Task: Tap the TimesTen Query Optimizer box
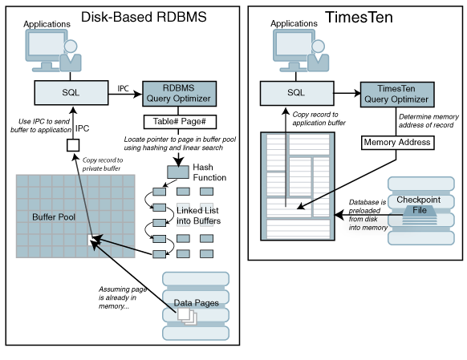tap(397, 94)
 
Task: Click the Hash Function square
tap(177, 172)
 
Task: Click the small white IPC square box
tap(71, 145)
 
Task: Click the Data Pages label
tap(196, 302)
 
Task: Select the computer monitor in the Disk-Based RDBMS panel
tap(46, 49)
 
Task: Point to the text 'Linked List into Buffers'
tap(197, 216)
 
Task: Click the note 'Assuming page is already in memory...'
tap(122, 297)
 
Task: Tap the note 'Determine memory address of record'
tap(428, 120)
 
